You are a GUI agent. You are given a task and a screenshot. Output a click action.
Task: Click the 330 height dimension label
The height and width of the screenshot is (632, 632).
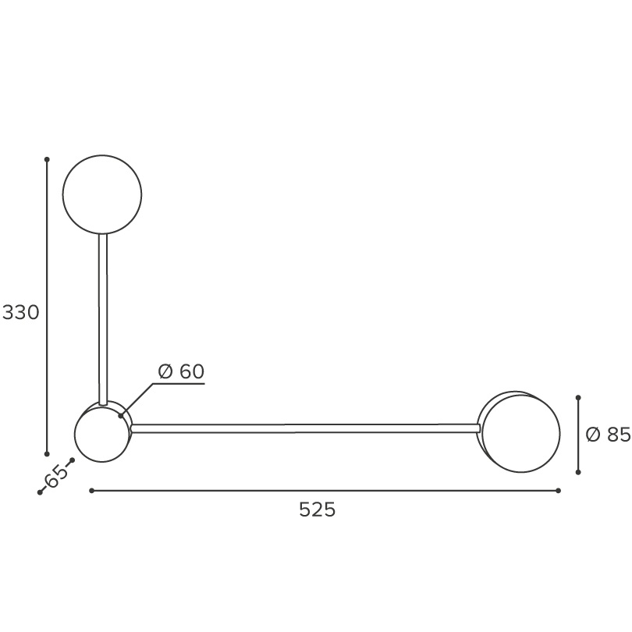point(20,312)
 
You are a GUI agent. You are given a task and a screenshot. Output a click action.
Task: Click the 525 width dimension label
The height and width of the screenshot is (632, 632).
point(318,510)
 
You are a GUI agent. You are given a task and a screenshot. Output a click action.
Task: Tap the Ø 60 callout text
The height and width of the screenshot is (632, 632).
point(181,371)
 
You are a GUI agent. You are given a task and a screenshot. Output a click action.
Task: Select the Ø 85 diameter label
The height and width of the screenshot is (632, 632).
point(608,435)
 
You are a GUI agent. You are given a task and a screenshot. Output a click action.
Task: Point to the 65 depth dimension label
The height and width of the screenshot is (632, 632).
point(56,476)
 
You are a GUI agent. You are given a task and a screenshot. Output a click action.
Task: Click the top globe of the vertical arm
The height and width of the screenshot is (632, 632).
point(102,194)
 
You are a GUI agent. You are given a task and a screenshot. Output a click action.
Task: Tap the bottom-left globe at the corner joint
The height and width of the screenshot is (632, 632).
point(102,434)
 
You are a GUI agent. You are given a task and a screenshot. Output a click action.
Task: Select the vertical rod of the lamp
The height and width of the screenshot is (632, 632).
point(103,319)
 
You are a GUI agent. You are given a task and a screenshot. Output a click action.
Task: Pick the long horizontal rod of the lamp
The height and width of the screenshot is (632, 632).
point(306,428)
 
